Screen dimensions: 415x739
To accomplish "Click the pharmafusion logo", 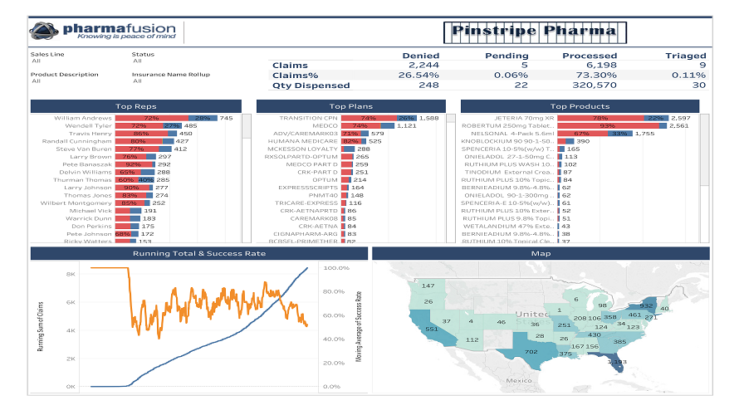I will [x=104, y=32].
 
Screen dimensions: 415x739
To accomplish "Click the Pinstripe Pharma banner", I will [x=535, y=32].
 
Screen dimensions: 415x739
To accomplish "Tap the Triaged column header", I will [x=685, y=55].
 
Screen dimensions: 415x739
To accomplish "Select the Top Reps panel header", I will [x=135, y=106].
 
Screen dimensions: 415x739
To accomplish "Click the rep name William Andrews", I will [x=82, y=119].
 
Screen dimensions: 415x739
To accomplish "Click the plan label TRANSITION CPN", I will [x=309, y=119].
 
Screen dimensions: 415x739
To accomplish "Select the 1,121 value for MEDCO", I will [x=407, y=126].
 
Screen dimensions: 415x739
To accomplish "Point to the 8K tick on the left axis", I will [x=71, y=273].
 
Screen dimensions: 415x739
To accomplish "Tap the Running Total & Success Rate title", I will [x=198, y=253].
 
